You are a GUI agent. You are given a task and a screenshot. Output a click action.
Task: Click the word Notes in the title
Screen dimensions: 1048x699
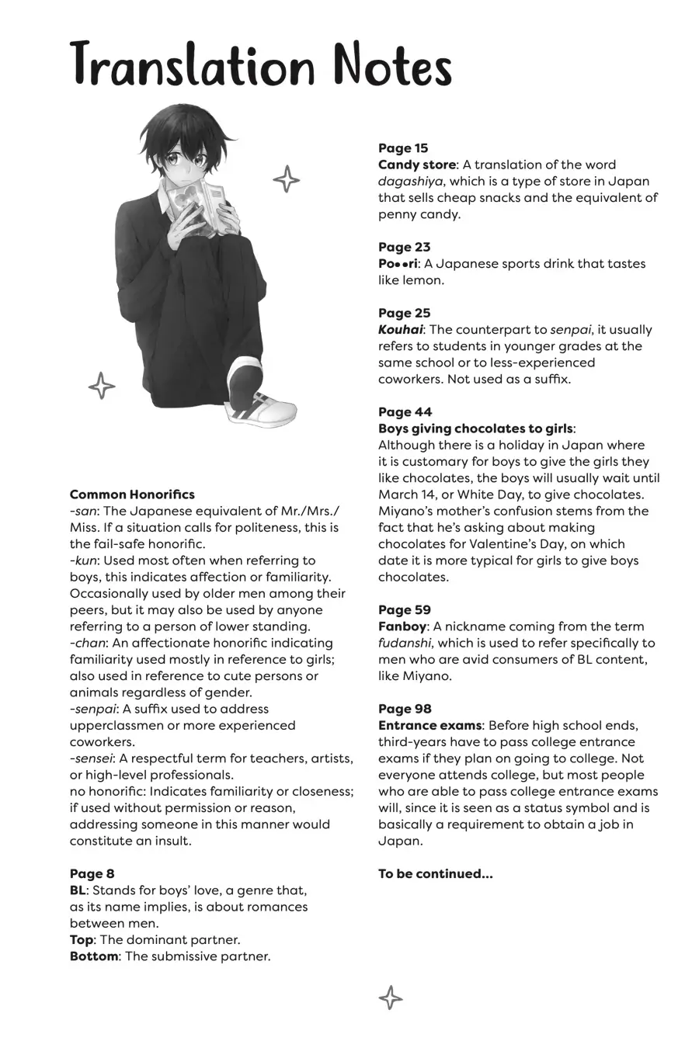tap(392, 66)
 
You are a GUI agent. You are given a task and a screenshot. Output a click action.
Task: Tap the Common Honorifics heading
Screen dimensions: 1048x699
tap(132, 495)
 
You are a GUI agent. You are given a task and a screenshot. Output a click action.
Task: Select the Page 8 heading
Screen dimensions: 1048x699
tap(92, 874)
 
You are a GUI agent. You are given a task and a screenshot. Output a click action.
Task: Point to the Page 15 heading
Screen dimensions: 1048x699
tap(403, 148)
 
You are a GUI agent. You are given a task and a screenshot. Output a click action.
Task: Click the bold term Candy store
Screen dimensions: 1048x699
tap(416, 165)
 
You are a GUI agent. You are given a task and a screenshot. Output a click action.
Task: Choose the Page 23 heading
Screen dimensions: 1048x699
tap(404, 247)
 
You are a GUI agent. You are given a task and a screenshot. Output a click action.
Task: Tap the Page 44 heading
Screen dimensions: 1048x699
tap(405, 412)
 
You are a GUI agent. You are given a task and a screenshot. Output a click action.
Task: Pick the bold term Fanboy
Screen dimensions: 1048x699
tap(402, 626)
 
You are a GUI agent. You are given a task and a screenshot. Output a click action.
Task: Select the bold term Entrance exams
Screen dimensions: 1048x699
tap(429, 725)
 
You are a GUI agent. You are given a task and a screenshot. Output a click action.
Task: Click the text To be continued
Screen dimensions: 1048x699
tap(435, 874)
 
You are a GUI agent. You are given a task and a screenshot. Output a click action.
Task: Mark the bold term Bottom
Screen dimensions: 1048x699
tap(94, 956)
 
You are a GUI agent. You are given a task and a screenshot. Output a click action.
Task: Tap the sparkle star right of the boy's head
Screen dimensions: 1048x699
tap(287, 179)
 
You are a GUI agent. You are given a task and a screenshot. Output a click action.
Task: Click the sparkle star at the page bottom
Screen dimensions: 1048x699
tap(390, 997)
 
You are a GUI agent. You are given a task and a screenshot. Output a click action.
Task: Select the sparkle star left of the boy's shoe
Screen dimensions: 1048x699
tap(102, 385)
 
